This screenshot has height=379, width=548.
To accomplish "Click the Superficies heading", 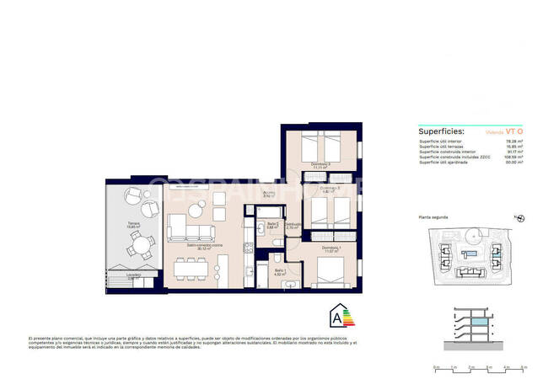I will point(442,131).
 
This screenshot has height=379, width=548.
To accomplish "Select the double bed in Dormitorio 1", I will point(334,270).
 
